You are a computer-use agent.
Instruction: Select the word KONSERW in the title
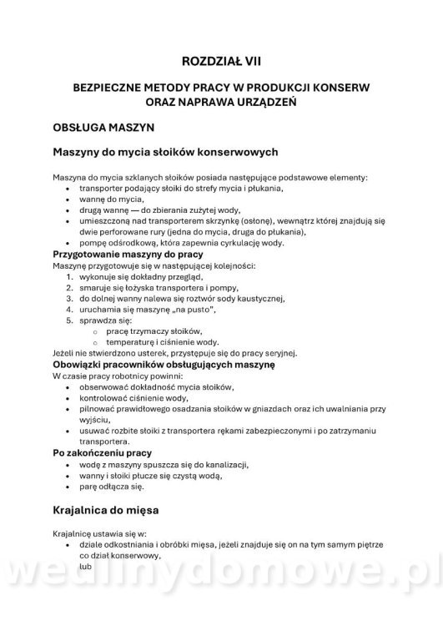click(x=339, y=86)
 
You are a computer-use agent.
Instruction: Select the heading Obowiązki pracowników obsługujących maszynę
click(x=163, y=365)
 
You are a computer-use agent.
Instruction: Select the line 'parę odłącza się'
click(x=111, y=485)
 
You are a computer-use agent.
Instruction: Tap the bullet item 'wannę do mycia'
click(x=108, y=199)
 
